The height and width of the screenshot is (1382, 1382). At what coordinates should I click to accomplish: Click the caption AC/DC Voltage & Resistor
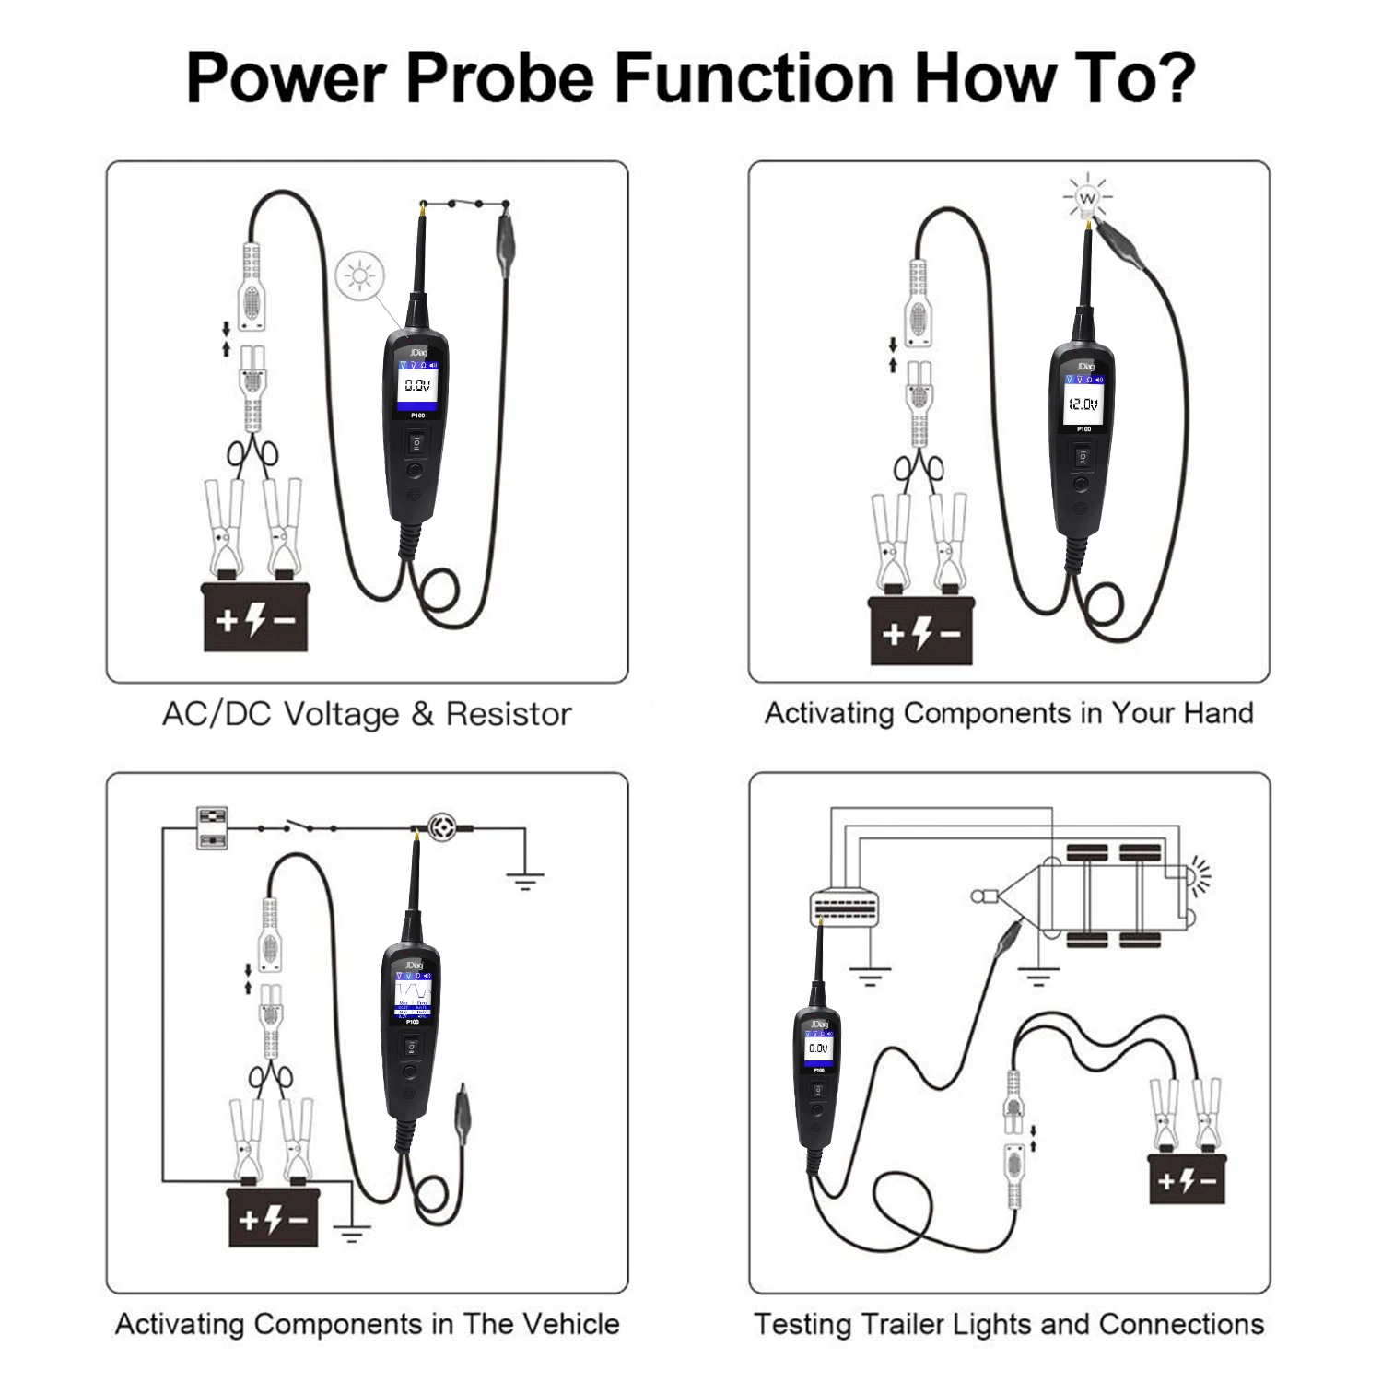pos(367,714)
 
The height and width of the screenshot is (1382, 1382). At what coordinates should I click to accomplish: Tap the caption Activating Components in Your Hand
pos(1009,713)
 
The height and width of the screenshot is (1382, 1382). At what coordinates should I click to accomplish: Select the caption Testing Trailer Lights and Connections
pos(1009,1324)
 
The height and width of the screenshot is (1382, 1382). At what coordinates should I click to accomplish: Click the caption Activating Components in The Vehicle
pos(367,1324)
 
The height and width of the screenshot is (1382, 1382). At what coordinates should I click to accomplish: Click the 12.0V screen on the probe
pos(1083,404)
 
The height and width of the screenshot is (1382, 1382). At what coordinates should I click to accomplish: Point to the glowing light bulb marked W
pos(1088,199)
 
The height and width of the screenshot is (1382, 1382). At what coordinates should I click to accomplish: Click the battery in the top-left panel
pos(255,617)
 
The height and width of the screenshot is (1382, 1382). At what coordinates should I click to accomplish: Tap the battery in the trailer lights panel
pos(1187,1178)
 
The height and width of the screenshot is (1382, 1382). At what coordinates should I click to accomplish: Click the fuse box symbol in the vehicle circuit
pos(213,827)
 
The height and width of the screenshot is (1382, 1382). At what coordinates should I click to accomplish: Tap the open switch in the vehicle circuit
pos(297,826)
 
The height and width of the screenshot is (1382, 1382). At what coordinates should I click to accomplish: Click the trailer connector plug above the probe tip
pos(842,905)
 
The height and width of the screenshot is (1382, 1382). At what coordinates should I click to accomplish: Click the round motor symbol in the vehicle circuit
pos(443,824)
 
